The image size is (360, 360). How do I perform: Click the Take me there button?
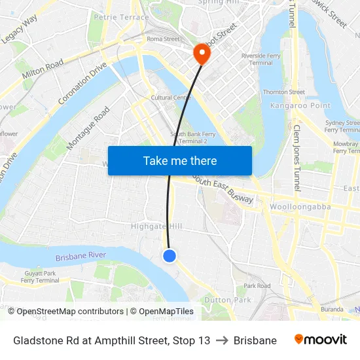click(180, 160)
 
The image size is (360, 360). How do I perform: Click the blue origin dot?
click(170, 255)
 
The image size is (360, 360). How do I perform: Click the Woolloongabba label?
click(300, 207)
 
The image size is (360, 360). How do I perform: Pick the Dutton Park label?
click(227, 299)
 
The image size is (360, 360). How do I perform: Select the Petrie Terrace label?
click(121, 18)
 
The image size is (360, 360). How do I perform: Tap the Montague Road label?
click(88, 128)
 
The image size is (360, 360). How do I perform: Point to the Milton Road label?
click(43, 69)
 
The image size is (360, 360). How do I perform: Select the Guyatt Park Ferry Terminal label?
click(40, 277)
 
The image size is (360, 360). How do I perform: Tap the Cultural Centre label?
click(171, 98)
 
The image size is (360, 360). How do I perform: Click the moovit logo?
click(320, 340)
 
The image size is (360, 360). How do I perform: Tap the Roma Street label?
click(163, 39)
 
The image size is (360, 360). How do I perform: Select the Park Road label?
click(257, 286)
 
